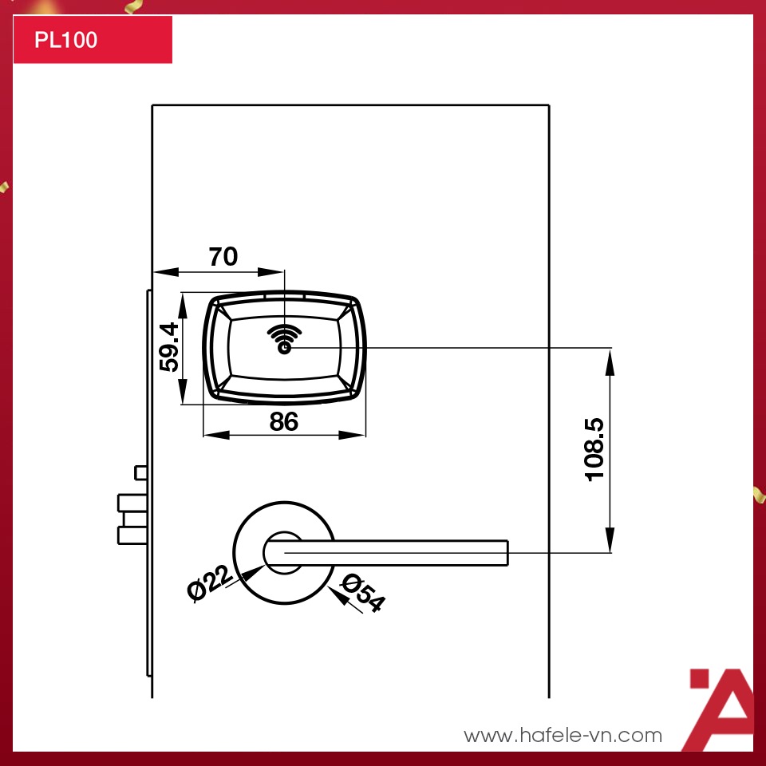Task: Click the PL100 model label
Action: click(66, 40)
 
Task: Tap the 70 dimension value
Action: click(223, 256)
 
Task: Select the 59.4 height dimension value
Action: click(169, 347)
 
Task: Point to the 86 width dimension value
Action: click(283, 421)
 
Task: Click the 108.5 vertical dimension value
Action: click(594, 449)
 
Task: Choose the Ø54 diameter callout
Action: click(363, 593)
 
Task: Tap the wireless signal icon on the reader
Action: click(284, 339)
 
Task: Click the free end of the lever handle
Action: click(507, 553)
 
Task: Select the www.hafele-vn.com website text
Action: click(563, 735)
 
